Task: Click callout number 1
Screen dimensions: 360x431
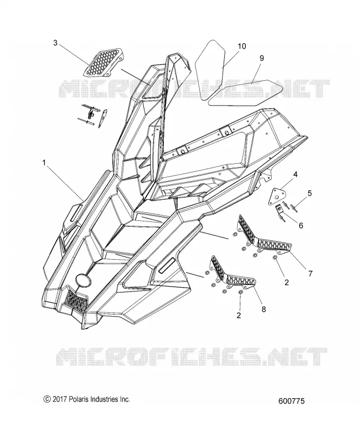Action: point(44,163)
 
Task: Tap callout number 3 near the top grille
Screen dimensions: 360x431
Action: point(56,43)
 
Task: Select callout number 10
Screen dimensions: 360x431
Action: point(242,46)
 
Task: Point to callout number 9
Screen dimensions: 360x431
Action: point(261,58)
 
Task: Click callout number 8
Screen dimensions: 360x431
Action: point(264,309)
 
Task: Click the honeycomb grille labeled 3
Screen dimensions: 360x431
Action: point(103,62)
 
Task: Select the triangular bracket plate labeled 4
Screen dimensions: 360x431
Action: point(276,196)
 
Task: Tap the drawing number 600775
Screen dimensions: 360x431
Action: point(292,401)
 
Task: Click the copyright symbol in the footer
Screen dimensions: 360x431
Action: point(47,399)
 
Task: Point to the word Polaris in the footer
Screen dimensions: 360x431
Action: point(78,399)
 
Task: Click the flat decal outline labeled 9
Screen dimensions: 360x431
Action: point(246,92)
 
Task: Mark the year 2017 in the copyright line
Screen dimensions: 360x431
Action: point(60,399)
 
